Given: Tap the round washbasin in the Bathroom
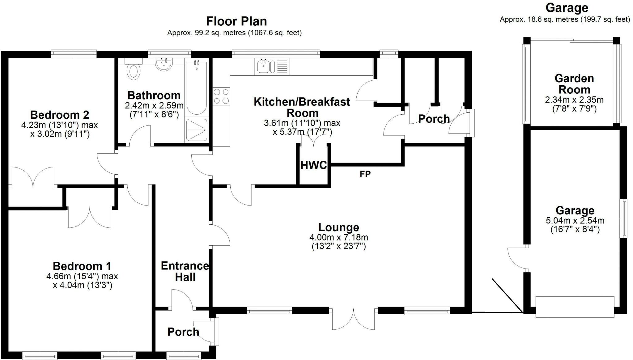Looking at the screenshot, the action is [x=164, y=64].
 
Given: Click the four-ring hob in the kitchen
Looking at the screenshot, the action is [x=221, y=96].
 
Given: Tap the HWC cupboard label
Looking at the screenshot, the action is [x=314, y=165].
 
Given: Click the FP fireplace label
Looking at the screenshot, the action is [x=365, y=174].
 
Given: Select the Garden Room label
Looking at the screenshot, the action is [x=574, y=84].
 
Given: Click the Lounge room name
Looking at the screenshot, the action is [x=339, y=227].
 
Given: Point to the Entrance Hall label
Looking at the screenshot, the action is [x=185, y=271].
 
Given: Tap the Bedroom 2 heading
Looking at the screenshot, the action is [x=60, y=115].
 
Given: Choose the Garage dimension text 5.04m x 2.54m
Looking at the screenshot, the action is [x=575, y=221].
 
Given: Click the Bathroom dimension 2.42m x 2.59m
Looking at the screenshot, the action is [x=154, y=105].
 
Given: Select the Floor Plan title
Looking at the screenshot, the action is [x=236, y=21].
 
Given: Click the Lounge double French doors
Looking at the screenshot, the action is [x=354, y=318].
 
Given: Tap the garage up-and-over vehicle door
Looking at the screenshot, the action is [x=575, y=307].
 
